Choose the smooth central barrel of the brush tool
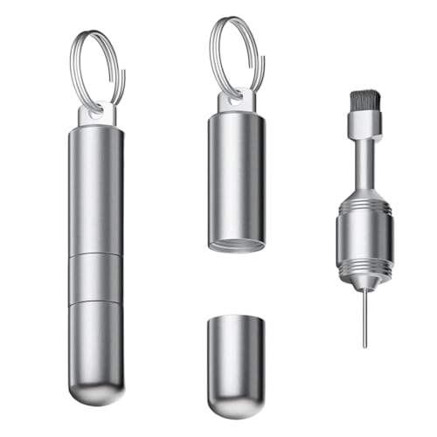(x=365, y=240)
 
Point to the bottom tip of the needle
(x=364, y=345)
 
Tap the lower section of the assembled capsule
(x=96, y=341)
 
